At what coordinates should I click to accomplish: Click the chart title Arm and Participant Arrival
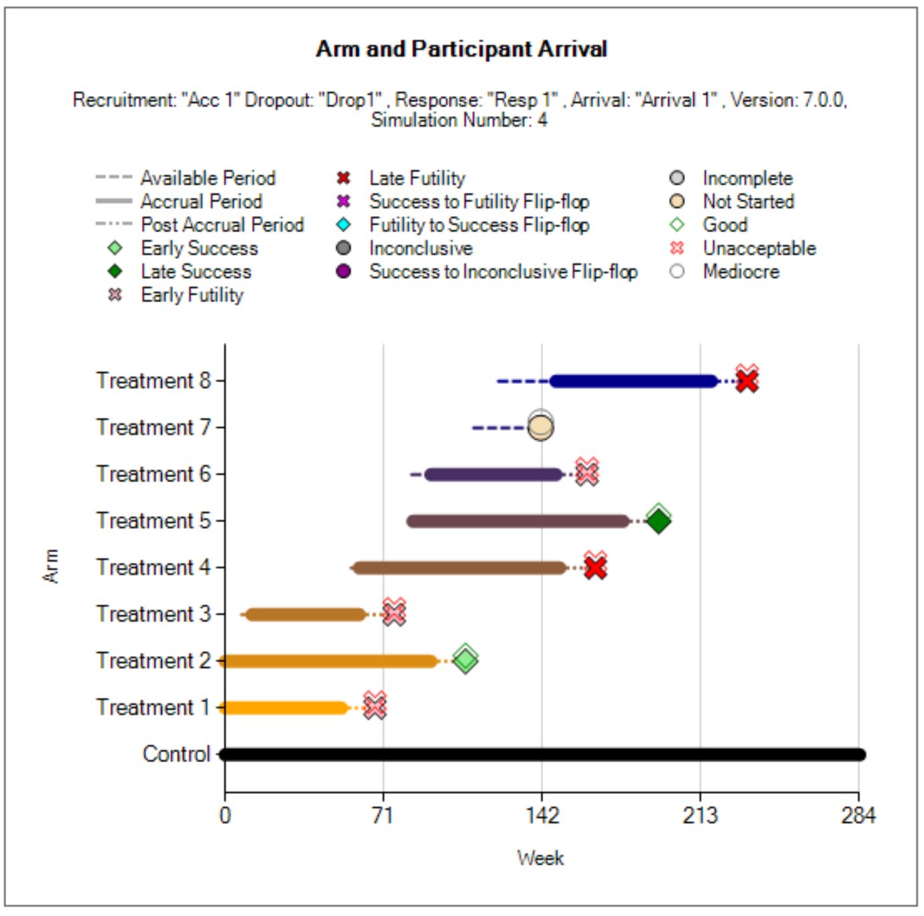pyautogui.click(x=462, y=49)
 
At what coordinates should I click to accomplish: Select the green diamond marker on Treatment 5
pyautogui.click(x=658, y=520)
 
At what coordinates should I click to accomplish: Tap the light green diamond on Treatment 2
pyautogui.click(x=465, y=660)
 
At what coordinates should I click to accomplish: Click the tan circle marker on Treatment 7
pyautogui.click(x=540, y=427)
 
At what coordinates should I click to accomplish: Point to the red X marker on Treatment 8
pyautogui.click(x=747, y=381)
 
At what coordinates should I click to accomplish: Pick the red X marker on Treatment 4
pyautogui.click(x=595, y=567)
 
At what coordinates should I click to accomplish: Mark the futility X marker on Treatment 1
pyautogui.click(x=375, y=707)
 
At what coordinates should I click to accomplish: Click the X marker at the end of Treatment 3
pyautogui.click(x=394, y=613)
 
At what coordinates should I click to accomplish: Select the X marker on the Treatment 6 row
pyautogui.click(x=586, y=473)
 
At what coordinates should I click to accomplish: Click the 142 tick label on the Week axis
pyautogui.click(x=542, y=815)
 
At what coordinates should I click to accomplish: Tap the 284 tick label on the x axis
pyautogui.click(x=858, y=815)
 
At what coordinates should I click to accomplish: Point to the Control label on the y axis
pyautogui.click(x=176, y=754)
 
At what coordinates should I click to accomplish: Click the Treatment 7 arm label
pyautogui.click(x=153, y=427)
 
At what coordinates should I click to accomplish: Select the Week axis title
pyautogui.click(x=540, y=858)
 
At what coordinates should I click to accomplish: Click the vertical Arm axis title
pyautogui.click(x=51, y=566)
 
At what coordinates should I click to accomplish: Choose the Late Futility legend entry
pyautogui.click(x=417, y=178)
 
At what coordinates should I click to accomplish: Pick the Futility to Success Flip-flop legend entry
pyautogui.click(x=479, y=225)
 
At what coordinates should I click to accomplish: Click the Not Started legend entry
pyautogui.click(x=748, y=201)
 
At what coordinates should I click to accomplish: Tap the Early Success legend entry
pyautogui.click(x=199, y=248)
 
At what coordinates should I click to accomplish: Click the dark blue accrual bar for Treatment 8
pyautogui.click(x=634, y=381)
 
